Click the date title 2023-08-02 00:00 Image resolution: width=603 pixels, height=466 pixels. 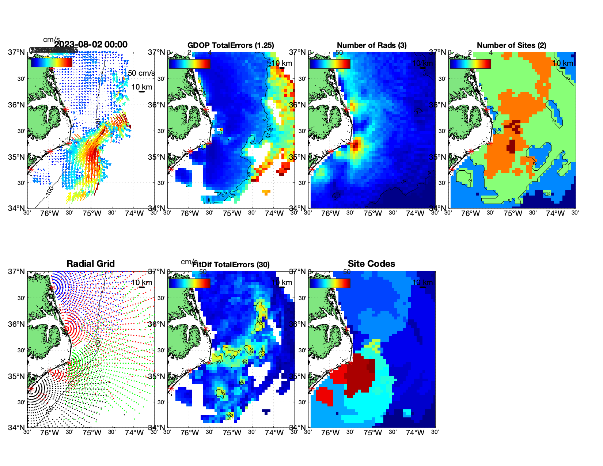[x=91, y=45]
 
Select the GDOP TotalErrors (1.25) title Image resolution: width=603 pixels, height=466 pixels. [x=231, y=45]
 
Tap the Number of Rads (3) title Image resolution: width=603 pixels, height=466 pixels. [x=372, y=45]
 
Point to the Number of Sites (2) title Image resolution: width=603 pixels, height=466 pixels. [x=512, y=45]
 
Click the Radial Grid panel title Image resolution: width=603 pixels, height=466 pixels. [x=91, y=264]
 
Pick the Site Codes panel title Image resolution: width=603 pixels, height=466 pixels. [x=371, y=264]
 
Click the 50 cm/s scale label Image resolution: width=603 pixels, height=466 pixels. [x=141, y=73]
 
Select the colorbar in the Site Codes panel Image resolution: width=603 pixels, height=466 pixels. [x=330, y=283]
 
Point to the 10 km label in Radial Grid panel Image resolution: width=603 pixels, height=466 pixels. [x=141, y=283]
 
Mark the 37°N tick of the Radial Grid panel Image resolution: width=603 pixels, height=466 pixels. [x=17, y=272]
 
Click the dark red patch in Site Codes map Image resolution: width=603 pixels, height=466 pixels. [x=360, y=376]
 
